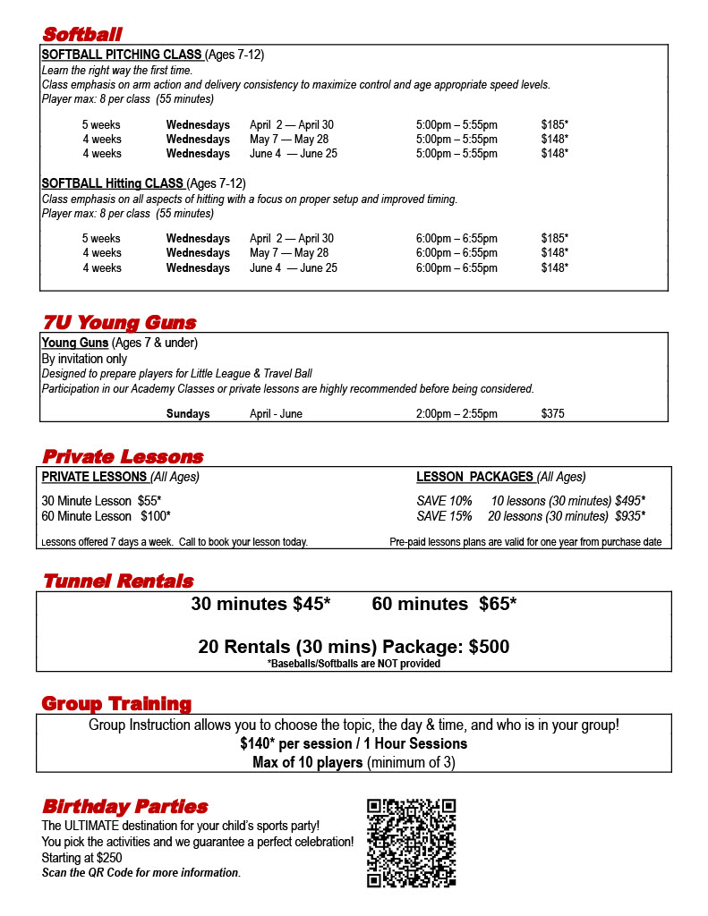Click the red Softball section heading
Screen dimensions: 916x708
tap(82, 35)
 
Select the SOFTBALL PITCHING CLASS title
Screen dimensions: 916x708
tap(122, 55)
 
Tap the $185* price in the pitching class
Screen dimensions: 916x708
tap(554, 125)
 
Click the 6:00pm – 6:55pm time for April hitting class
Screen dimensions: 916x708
tap(456, 239)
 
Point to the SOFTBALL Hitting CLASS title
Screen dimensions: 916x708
tap(112, 183)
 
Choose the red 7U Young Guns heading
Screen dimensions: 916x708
tap(119, 323)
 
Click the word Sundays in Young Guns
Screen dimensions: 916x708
tap(188, 414)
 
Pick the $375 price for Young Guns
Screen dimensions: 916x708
tap(552, 414)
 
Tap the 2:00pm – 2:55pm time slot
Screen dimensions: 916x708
tap(456, 414)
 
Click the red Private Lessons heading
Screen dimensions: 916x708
tap(123, 457)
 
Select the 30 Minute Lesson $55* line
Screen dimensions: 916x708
tap(101, 501)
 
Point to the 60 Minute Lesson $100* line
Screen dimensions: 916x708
tap(106, 516)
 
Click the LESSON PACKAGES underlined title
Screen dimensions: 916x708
tap(474, 477)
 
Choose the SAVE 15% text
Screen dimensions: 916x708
tap(444, 516)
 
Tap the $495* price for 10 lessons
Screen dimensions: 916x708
tap(630, 501)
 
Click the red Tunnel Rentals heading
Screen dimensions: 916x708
tap(117, 581)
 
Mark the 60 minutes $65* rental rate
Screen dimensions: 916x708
tap(444, 605)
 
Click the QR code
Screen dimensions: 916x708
tap(412, 843)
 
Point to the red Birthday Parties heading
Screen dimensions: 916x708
tap(124, 807)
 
